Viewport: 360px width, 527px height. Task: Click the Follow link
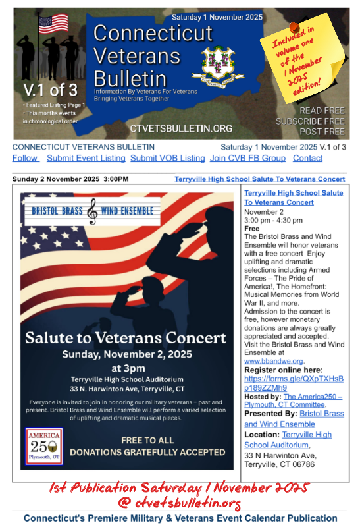tap(25, 158)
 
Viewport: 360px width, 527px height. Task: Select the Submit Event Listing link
tap(86, 158)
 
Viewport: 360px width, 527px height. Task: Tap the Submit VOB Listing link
tap(167, 158)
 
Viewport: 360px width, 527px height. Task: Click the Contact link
tap(307, 158)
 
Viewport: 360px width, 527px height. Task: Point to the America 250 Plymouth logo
tap(44, 445)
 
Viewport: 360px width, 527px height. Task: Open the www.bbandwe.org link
tap(274, 361)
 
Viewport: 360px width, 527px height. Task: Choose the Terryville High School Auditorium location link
tap(288, 440)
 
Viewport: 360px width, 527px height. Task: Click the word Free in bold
tap(251, 228)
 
